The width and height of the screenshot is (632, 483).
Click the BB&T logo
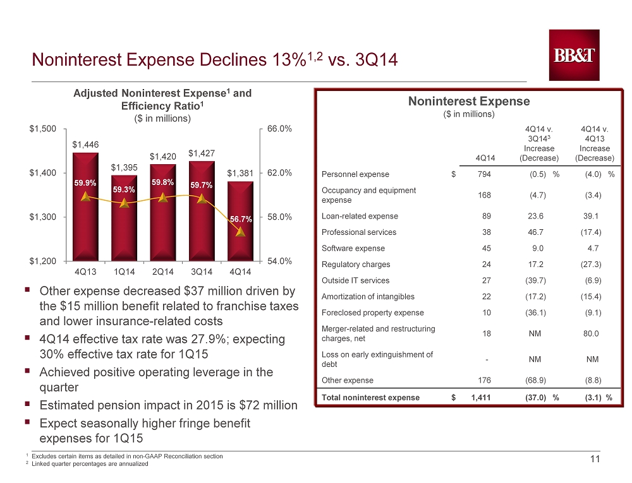(x=574, y=55)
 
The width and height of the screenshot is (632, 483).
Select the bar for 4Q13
(x=85, y=207)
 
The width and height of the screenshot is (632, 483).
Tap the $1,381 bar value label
(x=240, y=173)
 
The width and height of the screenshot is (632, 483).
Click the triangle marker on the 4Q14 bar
(x=241, y=232)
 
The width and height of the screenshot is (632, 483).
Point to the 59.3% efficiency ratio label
(x=124, y=189)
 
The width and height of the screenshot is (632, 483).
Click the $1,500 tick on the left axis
(x=43, y=129)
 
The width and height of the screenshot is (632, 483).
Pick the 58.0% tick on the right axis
(x=279, y=217)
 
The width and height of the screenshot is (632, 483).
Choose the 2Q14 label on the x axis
(x=163, y=271)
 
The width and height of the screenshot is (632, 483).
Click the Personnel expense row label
(x=355, y=174)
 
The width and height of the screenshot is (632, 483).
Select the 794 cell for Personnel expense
(x=484, y=174)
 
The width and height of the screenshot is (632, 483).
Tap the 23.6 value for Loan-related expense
(x=535, y=216)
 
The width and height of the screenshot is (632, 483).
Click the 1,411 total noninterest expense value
(x=481, y=398)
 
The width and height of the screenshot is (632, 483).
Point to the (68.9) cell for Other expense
(x=535, y=380)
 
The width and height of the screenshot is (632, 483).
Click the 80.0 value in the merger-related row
(x=591, y=333)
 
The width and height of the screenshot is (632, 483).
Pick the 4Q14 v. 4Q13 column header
(x=595, y=144)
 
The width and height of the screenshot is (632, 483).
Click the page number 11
(x=595, y=459)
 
